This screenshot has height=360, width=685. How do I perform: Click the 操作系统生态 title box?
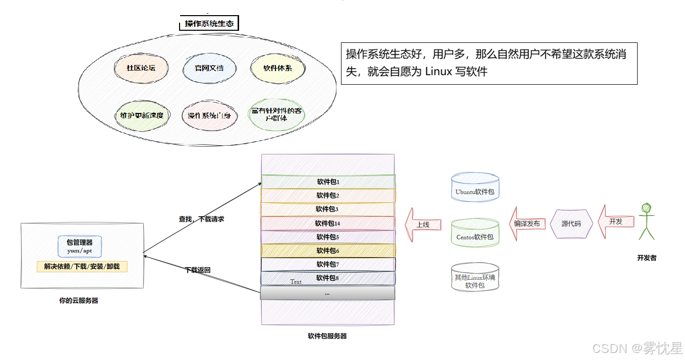pyautogui.click(x=209, y=23)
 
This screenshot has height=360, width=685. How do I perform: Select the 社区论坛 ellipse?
pyautogui.click(x=141, y=68)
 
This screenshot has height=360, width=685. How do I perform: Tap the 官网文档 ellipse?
pyautogui.click(x=209, y=68)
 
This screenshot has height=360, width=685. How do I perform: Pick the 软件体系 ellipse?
pyautogui.click(x=277, y=68)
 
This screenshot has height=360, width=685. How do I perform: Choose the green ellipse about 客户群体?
pyautogui.click(x=276, y=114)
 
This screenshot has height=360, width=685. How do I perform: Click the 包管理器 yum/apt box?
pyautogui.click(x=80, y=246)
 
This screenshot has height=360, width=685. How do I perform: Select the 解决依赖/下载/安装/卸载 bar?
pyautogui.click(x=82, y=267)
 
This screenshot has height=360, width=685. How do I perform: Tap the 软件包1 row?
pyautogui.click(x=328, y=182)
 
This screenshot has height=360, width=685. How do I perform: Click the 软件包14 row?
pyautogui.click(x=328, y=223)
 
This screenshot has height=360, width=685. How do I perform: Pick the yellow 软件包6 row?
pyautogui.click(x=328, y=251)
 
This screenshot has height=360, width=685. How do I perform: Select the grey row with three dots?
pyautogui.click(x=327, y=293)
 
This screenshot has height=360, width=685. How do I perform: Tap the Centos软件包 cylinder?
pyautogui.click(x=475, y=233)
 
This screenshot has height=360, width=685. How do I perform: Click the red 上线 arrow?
pyautogui.click(x=423, y=224)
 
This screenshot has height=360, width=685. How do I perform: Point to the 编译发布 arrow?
pyautogui.click(x=527, y=223)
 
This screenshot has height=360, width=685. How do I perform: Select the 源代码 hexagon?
pyautogui.click(x=570, y=223)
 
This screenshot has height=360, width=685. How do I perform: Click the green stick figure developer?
pyautogui.click(x=646, y=221)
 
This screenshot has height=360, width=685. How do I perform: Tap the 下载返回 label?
pyautogui.click(x=198, y=270)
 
